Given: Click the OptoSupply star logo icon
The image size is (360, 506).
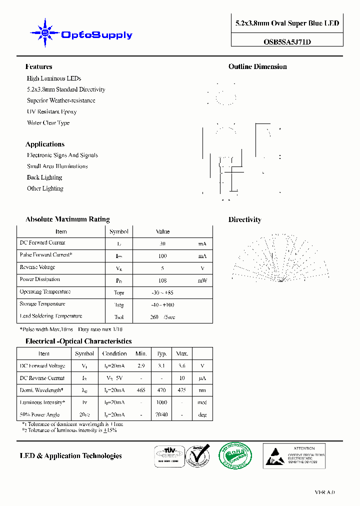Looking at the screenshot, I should point(45,33).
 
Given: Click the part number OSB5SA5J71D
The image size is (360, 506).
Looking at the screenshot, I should point(287,42).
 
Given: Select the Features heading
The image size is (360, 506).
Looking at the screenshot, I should point(38,66).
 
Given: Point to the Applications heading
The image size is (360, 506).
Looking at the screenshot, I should point(45,144).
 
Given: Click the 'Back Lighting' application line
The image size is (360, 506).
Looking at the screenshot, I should point(44,177).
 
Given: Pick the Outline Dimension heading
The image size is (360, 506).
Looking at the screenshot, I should point(257,66).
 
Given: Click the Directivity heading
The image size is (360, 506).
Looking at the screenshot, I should point(244,219).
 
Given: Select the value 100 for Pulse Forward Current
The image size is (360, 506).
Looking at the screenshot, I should point(162,256).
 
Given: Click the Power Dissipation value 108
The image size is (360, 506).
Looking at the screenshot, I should point(162,280).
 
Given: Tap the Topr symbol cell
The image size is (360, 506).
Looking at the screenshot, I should point(119,292).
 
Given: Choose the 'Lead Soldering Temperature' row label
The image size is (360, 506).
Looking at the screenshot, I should point(50,316).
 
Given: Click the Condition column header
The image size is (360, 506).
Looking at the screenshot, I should point(114,353).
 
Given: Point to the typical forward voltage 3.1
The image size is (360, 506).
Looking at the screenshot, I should point(161,366).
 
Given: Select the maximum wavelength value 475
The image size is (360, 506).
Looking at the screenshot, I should point(181,390).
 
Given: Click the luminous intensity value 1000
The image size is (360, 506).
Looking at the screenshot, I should point(161,402).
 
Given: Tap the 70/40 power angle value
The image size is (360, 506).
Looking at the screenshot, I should point(161,414).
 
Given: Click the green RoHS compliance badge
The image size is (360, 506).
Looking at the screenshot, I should point(235,455).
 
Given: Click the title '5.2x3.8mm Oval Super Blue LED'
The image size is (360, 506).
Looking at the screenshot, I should point(287,23).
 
